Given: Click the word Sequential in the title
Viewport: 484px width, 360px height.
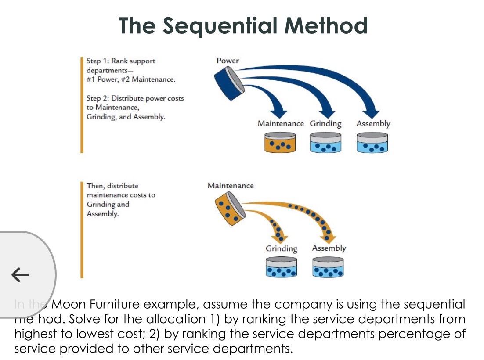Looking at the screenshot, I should pyautogui.click(x=220, y=25).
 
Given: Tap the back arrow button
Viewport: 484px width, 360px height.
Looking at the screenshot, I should pyautogui.click(x=20, y=275).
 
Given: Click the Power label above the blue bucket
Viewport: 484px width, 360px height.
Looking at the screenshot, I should pyautogui.click(x=228, y=61).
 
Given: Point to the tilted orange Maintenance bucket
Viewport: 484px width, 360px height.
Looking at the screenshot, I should pyautogui.click(x=230, y=210).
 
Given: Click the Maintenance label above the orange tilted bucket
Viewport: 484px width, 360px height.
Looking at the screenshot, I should pyautogui.click(x=230, y=186).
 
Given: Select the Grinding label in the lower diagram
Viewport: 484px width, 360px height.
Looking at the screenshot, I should pyautogui.click(x=281, y=248).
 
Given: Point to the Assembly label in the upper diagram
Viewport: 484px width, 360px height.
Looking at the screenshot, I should pyautogui.click(x=373, y=124).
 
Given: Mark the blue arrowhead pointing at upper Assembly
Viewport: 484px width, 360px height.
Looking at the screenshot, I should pyautogui.click(x=372, y=112).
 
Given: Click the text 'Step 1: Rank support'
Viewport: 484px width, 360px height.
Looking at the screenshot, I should pyautogui.click(x=121, y=61).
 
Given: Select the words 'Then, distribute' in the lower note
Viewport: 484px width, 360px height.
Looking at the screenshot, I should pyautogui.click(x=112, y=186).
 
